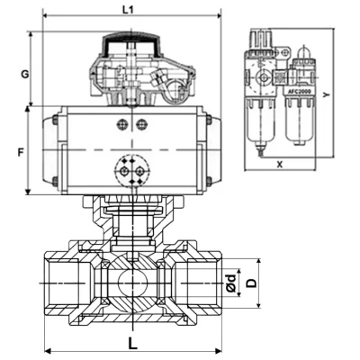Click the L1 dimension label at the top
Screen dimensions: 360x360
click(127, 9)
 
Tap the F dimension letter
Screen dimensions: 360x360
click(20, 152)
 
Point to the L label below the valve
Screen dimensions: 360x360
click(132, 343)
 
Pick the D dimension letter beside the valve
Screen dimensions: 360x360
click(253, 283)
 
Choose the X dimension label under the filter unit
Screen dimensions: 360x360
click(280, 165)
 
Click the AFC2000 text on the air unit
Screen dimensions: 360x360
click(299, 92)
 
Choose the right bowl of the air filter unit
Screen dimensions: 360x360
click(298, 121)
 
